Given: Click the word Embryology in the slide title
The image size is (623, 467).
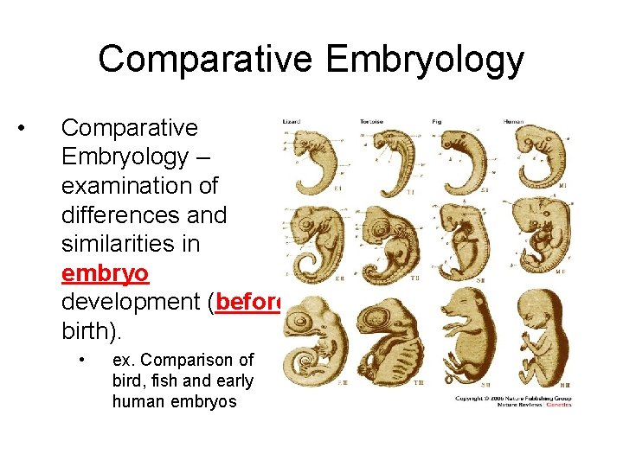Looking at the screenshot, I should (424, 60).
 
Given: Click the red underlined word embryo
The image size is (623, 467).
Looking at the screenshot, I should (105, 273).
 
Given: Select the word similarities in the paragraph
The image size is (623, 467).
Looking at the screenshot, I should (131, 244).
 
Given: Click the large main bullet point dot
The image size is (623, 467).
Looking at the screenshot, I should (29, 129).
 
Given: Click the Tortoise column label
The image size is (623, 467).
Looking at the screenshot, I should (371, 122).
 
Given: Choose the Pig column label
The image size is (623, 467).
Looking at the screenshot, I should (436, 122).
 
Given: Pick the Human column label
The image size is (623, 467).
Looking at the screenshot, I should (513, 122).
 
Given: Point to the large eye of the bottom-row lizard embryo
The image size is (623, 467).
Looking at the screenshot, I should (309, 327).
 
